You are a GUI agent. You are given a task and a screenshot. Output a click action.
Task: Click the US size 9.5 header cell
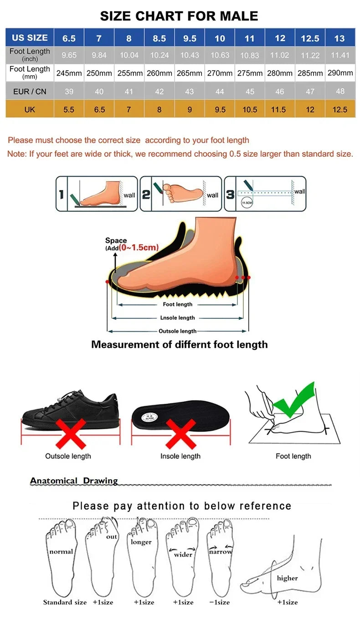(190, 38)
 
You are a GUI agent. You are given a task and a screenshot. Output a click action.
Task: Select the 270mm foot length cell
(220, 73)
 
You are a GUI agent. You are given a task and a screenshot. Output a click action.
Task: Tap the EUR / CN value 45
(250, 92)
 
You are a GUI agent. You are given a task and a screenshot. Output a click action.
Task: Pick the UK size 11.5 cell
(280, 109)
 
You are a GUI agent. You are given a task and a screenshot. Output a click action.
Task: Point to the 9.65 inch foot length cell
(69, 55)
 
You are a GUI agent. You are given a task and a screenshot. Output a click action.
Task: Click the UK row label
(30, 109)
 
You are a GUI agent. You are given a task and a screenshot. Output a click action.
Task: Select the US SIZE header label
(30, 38)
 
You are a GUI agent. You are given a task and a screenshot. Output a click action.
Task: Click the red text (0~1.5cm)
(139, 247)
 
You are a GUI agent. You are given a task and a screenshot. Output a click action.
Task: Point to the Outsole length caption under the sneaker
(68, 456)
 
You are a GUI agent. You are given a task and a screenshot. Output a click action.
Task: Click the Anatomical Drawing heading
(74, 481)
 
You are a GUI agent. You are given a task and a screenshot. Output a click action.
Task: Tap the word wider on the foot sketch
(183, 554)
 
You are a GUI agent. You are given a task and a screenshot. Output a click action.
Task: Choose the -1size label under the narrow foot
(219, 602)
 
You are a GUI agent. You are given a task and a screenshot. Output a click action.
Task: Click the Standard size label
(65, 602)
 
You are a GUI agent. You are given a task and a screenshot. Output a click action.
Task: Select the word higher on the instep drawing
(287, 578)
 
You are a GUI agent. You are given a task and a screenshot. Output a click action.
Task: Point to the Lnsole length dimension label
(177, 318)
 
